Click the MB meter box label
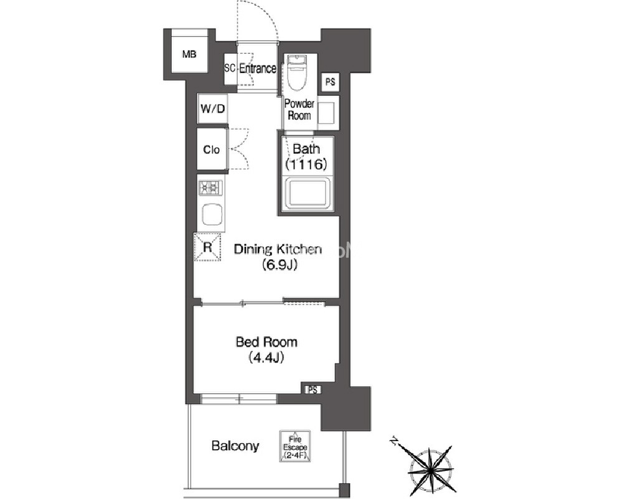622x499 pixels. (x=189, y=54)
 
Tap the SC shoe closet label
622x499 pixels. (x=230, y=68)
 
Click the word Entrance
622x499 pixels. (x=257, y=69)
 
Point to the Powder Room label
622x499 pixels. (x=299, y=110)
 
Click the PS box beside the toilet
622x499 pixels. (x=330, y=82)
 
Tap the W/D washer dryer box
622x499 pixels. (x=212, y=108)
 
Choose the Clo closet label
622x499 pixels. (x=212, y=150)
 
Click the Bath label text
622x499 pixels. (x=306, y=149)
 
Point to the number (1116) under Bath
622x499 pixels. (x=306, y=164)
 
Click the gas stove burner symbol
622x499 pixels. (x=210, y=188)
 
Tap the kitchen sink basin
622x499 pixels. (x=212, y=215)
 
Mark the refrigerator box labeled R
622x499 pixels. (x=207, y=247)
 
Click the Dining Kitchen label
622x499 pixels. (x=278, y=249)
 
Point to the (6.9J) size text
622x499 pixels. (x=280, y=264)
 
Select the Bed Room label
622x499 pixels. (x=266, y=342)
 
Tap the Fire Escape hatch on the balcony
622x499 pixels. (x=295, y=447)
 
